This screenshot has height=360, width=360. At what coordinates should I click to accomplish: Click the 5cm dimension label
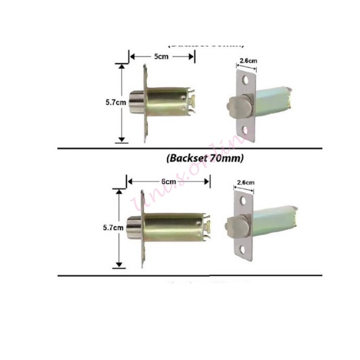pos(161,56)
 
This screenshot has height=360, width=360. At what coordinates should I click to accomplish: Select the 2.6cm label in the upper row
pos(248,61)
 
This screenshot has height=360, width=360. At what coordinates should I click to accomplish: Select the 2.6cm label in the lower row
pos(246,182)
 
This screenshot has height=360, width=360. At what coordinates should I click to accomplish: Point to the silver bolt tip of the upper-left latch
pos(137,104)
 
